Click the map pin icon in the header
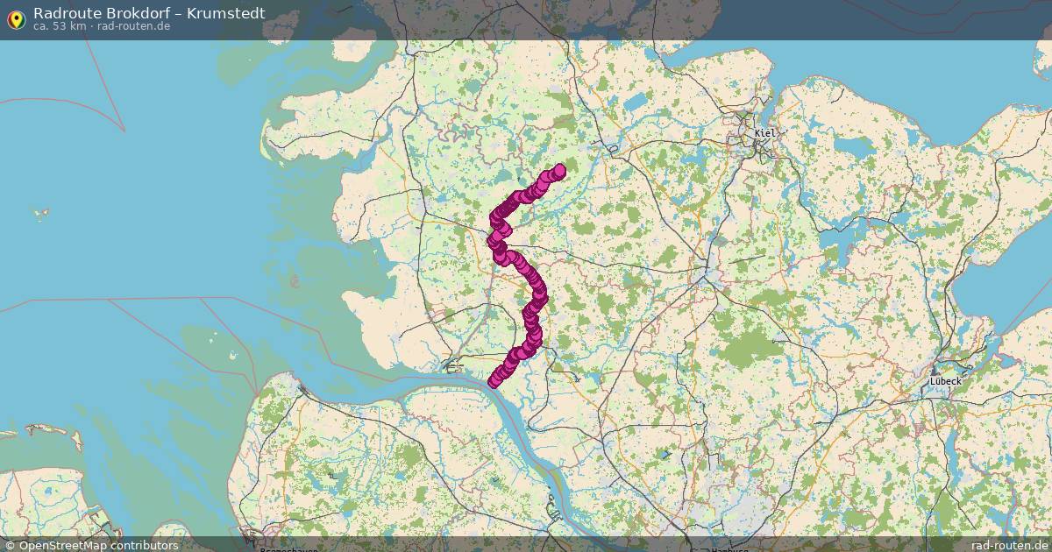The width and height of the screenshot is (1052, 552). click(x=16, y=18)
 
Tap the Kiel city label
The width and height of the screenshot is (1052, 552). click(x=764, y=133)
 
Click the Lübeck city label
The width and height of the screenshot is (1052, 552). click(x=946, y=381)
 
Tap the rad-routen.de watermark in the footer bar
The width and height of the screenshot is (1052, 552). click(x=1009, y=545)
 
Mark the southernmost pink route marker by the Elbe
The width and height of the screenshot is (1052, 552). click(x=494, y=381)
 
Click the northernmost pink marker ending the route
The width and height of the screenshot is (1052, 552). click(x=558, y=171)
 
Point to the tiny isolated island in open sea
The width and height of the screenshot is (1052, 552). click(x=39, y=212)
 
